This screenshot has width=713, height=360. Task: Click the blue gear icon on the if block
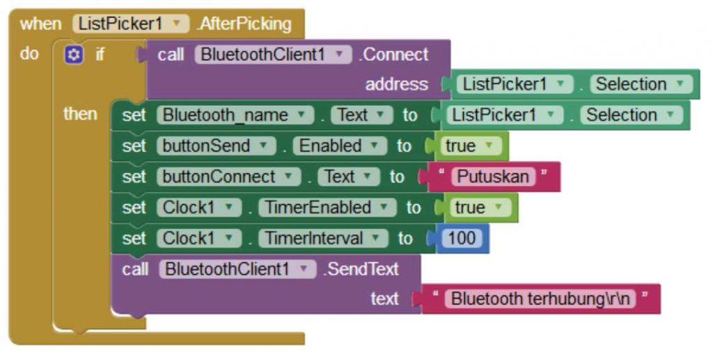coord(73,54)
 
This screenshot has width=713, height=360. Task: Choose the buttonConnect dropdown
coord(229,177)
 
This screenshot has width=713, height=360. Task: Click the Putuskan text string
coord(493,177)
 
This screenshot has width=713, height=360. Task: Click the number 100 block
coord(461,238)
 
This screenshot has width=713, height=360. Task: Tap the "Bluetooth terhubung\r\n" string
coord(540,299)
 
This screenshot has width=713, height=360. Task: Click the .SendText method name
coord(360,269)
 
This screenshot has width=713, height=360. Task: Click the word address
coord(396,84)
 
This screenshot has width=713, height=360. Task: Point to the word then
coord(80,114)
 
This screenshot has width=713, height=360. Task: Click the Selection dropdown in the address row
coord(641,84)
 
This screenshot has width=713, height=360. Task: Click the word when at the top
coord(40,24)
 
